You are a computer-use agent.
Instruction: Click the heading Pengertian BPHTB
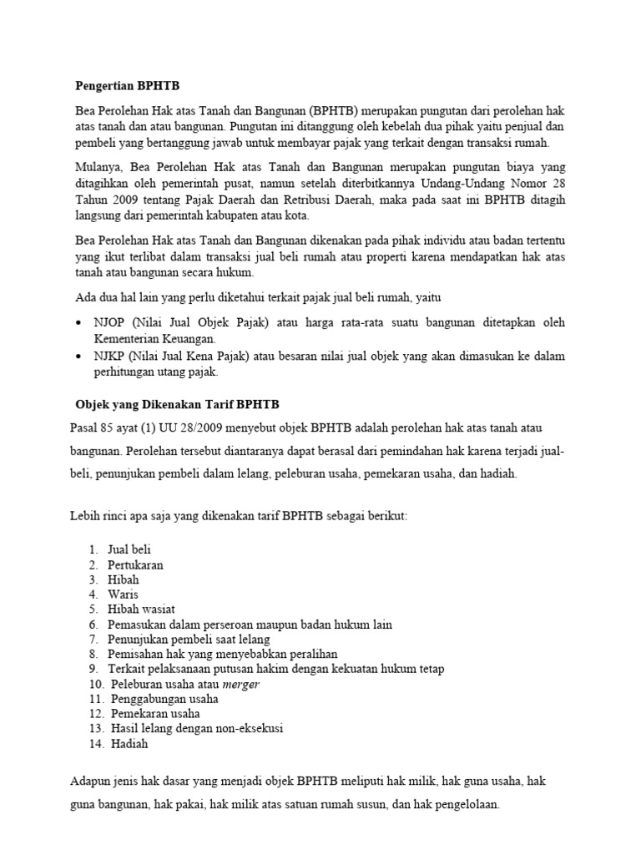127,86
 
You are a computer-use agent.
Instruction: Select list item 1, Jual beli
129,549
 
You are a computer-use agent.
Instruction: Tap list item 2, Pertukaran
135,564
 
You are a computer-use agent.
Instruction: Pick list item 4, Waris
123,594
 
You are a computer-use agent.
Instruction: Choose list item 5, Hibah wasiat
141,610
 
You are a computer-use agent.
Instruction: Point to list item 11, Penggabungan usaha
164,700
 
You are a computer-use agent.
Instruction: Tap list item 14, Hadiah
129,745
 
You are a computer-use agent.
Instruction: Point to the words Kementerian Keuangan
156,339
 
